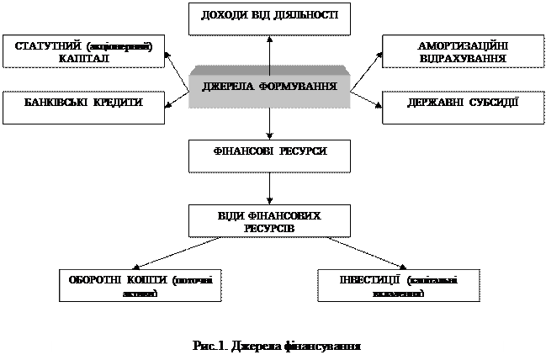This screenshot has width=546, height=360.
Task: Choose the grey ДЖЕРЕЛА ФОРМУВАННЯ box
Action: coord(270,87)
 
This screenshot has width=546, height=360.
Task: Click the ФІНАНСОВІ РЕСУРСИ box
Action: coord(270,151)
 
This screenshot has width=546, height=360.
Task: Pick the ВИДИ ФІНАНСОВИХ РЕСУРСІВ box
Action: coord(270,222)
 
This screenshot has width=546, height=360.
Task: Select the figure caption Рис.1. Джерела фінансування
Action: coord(277,345)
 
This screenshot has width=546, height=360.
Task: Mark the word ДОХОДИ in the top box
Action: coord(225,16)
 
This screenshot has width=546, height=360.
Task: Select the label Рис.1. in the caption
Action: coord(207,345)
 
